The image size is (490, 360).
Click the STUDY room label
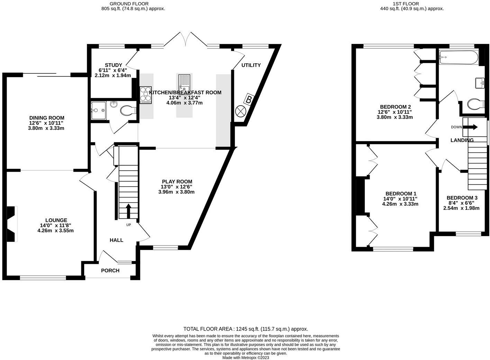(113, 65)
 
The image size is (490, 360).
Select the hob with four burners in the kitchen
(146, 95)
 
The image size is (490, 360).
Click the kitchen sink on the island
(184, 83)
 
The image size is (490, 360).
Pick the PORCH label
(110, 270)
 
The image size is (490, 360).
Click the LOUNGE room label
(56, 220)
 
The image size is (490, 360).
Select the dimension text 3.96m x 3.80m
(176, 192)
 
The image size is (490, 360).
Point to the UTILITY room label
(251, 65)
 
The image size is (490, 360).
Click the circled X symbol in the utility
(241, 111)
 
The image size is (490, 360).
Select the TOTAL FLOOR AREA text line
(245, 329)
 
